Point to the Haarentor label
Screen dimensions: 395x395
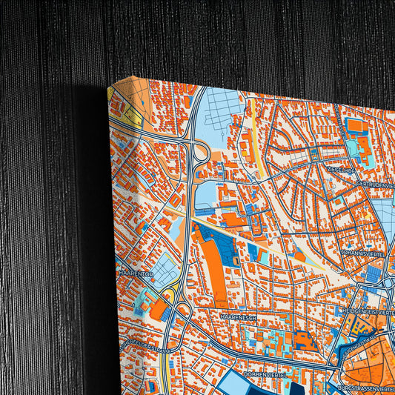[x=136, y=273]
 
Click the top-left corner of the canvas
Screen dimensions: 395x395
[x=109, y=87]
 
